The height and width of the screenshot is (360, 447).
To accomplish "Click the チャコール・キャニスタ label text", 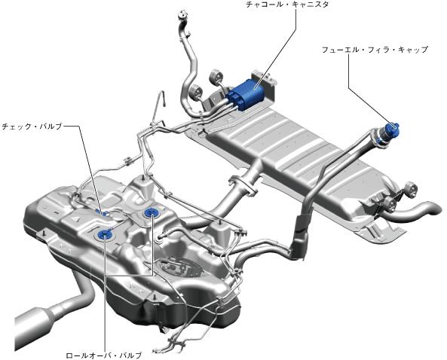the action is tap(287, 5).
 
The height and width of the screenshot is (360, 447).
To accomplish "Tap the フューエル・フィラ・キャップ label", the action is tap(375, 50).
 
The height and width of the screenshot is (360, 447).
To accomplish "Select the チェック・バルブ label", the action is tap(32, 127).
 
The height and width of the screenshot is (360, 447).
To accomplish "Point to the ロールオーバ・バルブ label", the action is tap(104, 355).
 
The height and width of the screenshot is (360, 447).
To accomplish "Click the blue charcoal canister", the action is tap(246, 94).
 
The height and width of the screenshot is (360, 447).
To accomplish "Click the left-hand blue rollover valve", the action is tap(104, 234).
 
